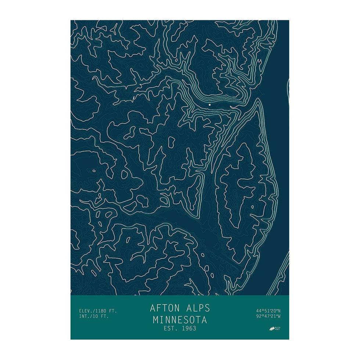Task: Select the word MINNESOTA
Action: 180,320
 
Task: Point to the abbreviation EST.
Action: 170,328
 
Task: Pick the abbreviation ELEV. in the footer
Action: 86,311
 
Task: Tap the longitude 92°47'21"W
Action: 268,316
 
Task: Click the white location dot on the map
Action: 210,105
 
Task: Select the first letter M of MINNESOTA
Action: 156,320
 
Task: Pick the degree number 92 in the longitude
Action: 259,316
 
